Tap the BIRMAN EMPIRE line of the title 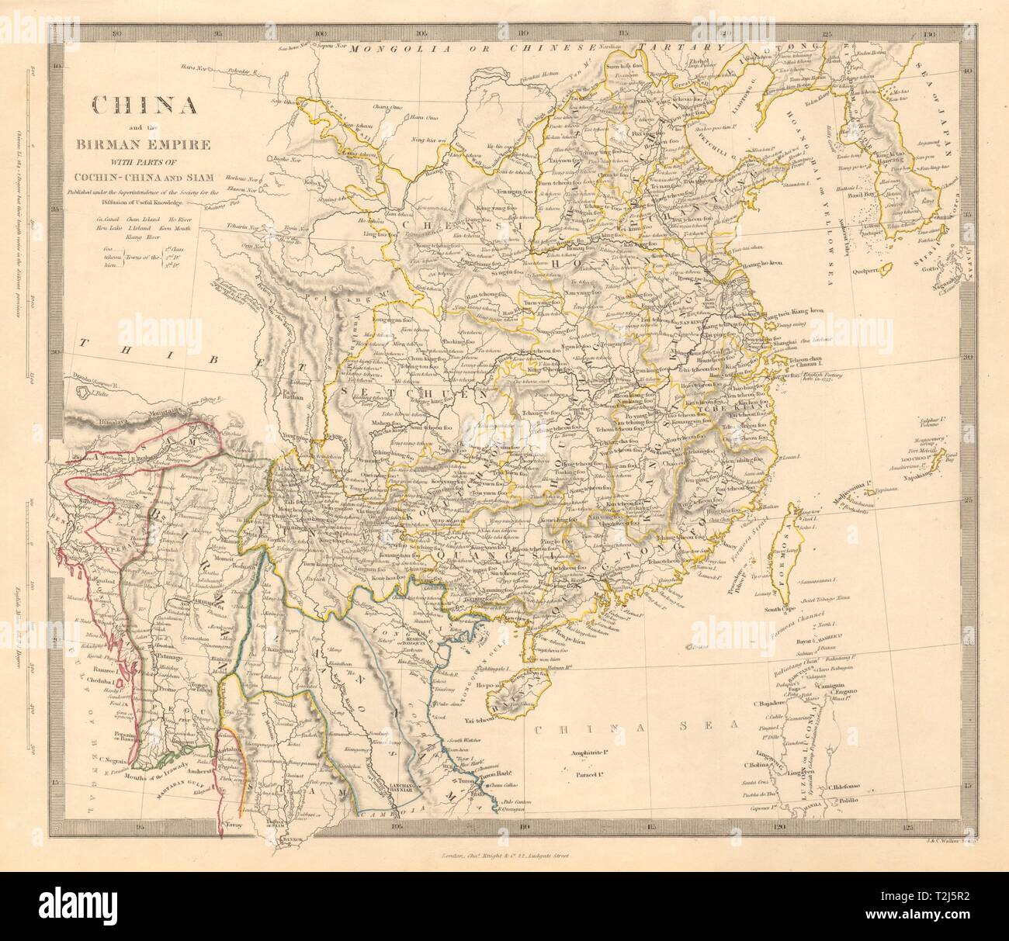140,144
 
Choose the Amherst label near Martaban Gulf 205,784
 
